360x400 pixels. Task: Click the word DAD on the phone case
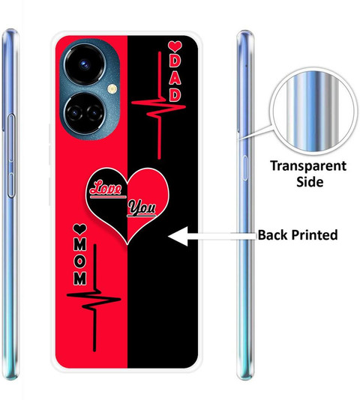175,79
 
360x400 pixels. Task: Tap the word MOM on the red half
80,262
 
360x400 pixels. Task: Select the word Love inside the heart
106,188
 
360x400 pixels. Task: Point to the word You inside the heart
142,208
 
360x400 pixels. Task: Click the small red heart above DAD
175,46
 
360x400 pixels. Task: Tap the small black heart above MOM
79,228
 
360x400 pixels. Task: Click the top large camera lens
85,64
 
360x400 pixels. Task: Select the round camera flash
112,89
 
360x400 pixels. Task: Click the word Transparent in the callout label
308,166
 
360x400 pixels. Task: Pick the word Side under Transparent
310,182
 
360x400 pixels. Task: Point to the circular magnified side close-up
313,112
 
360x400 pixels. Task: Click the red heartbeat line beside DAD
159,106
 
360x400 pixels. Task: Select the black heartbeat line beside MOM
94,297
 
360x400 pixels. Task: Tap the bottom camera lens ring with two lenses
84,113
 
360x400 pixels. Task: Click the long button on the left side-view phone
11,156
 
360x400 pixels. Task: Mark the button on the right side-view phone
245,168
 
